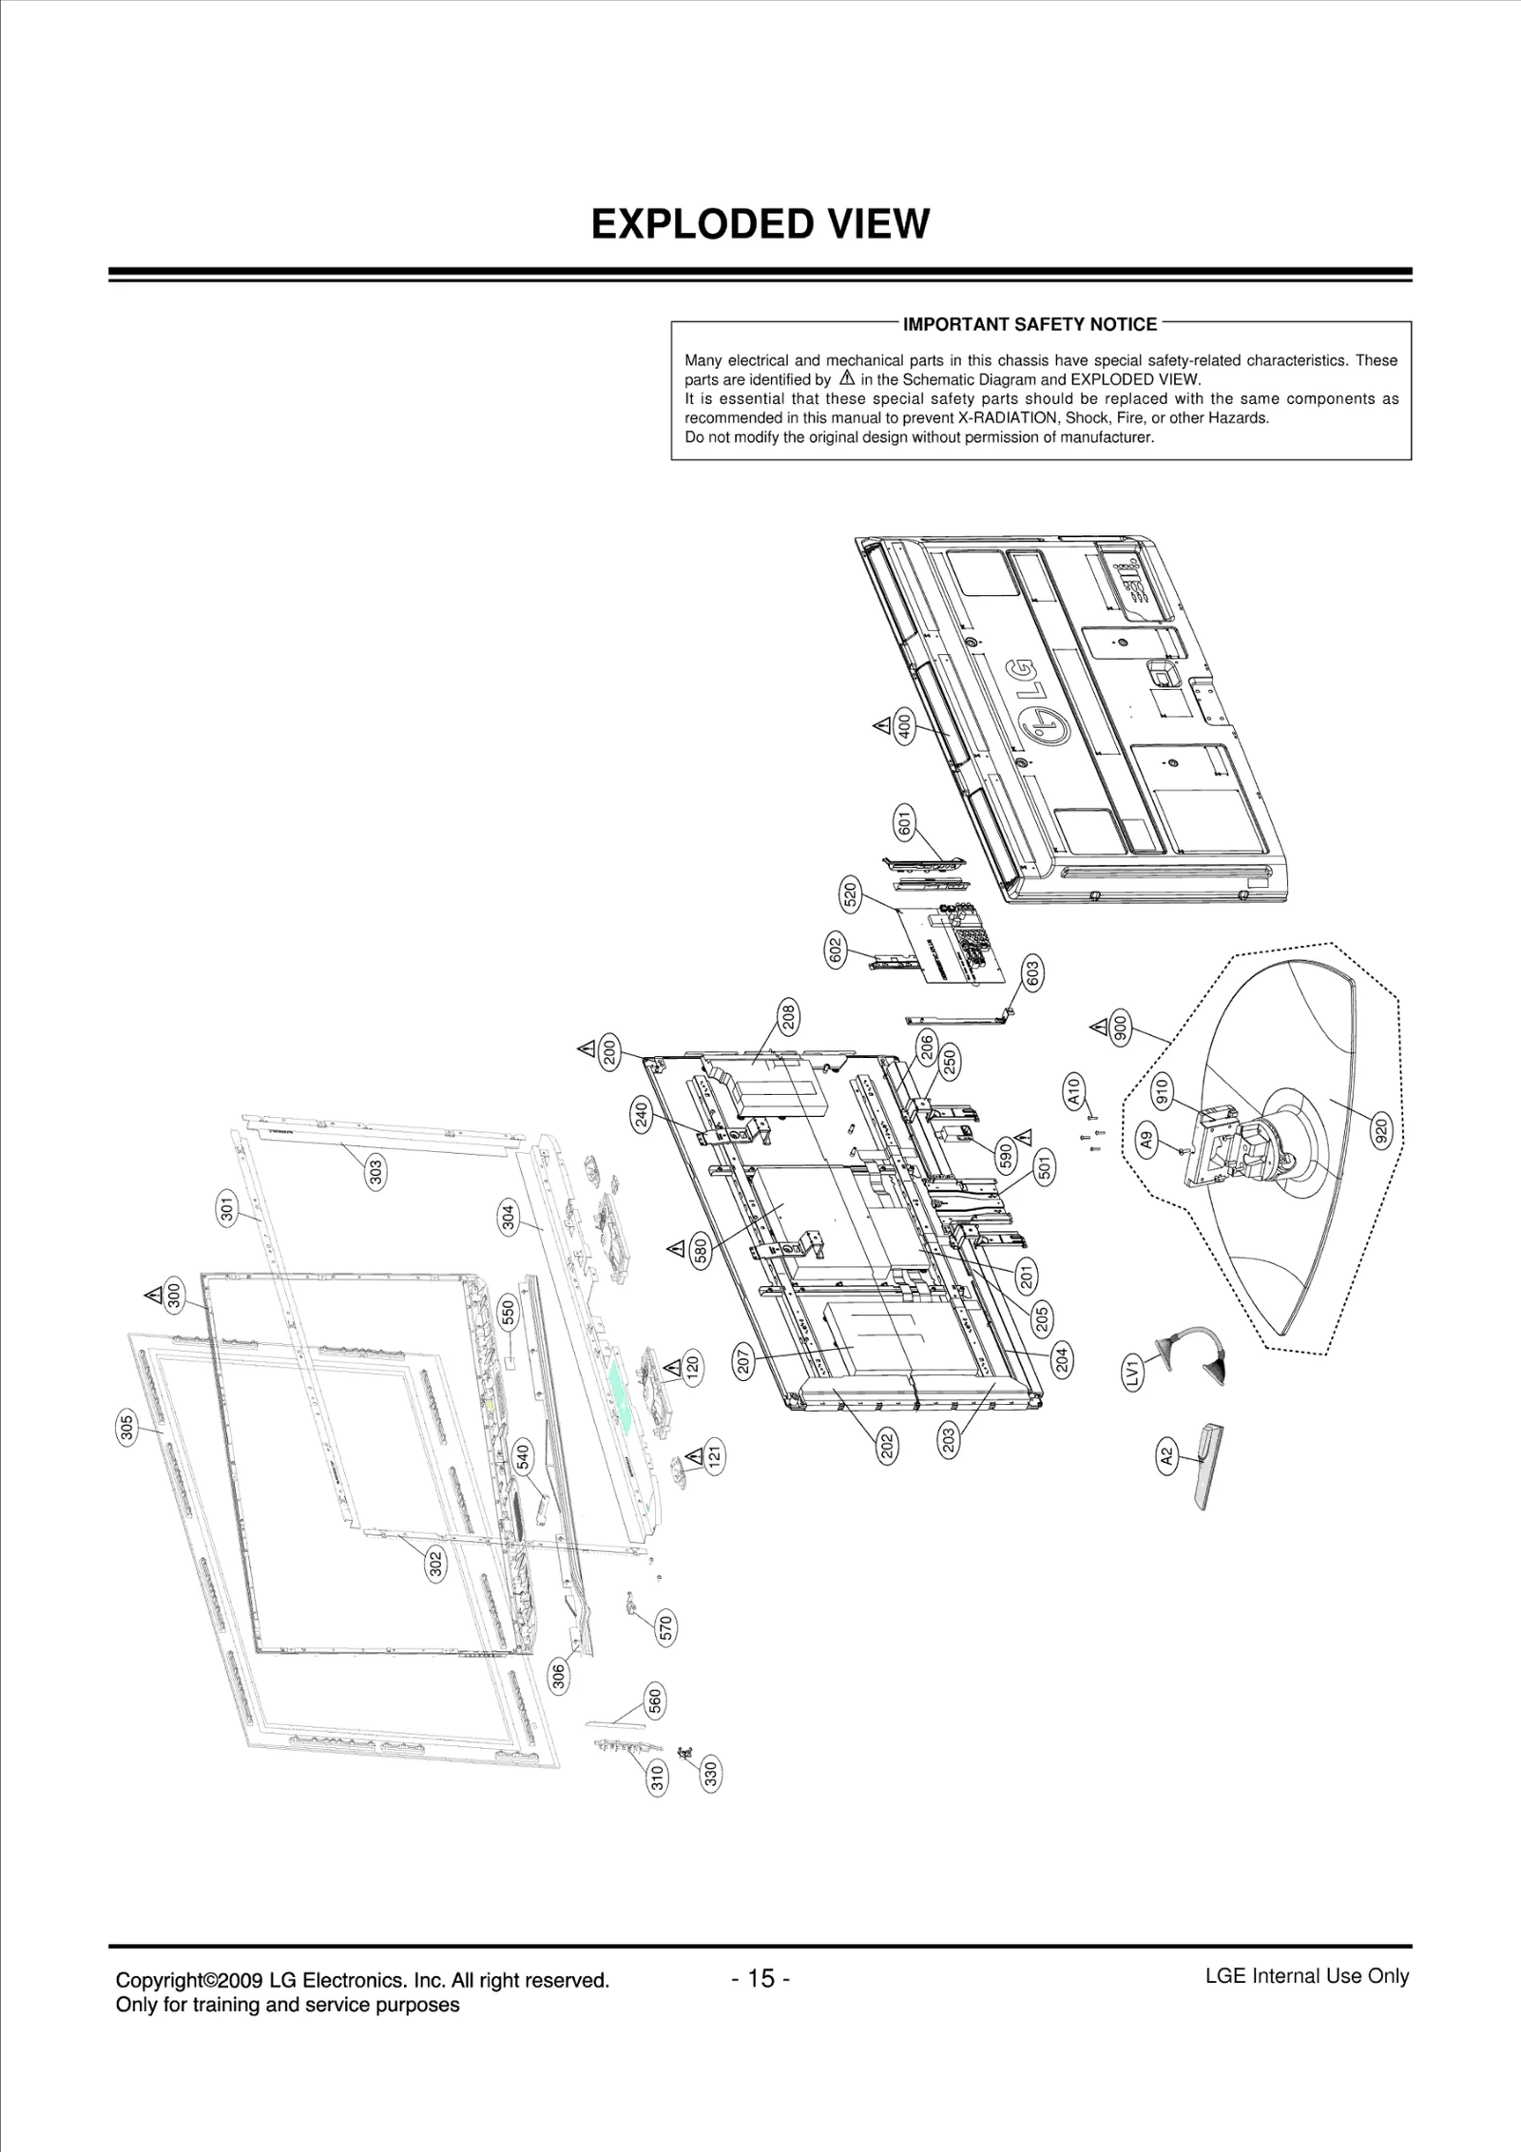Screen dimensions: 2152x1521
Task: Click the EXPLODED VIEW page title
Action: [760, 224]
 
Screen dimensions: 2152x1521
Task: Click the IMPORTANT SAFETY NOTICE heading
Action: [1030, 325]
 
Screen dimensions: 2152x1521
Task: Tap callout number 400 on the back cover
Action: [905, 727]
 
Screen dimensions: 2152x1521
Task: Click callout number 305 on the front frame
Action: [127, 1429]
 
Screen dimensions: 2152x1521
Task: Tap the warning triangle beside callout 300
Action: [152, 1295]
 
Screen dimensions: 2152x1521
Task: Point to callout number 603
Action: [1032, 972]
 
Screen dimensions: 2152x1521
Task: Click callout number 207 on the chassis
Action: [744, 1362]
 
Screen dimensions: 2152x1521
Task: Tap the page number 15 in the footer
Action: [760, 1978]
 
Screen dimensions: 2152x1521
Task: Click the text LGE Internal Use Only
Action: [1306, 1976]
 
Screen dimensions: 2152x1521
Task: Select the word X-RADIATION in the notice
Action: [1009, 418]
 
